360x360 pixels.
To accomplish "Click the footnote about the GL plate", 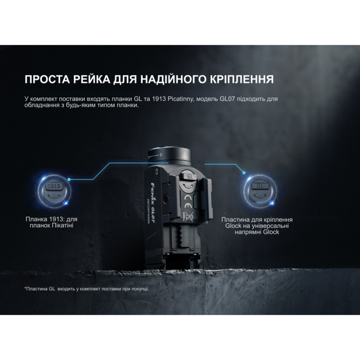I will coord(86,289).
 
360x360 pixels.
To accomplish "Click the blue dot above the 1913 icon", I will coord(69,180).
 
